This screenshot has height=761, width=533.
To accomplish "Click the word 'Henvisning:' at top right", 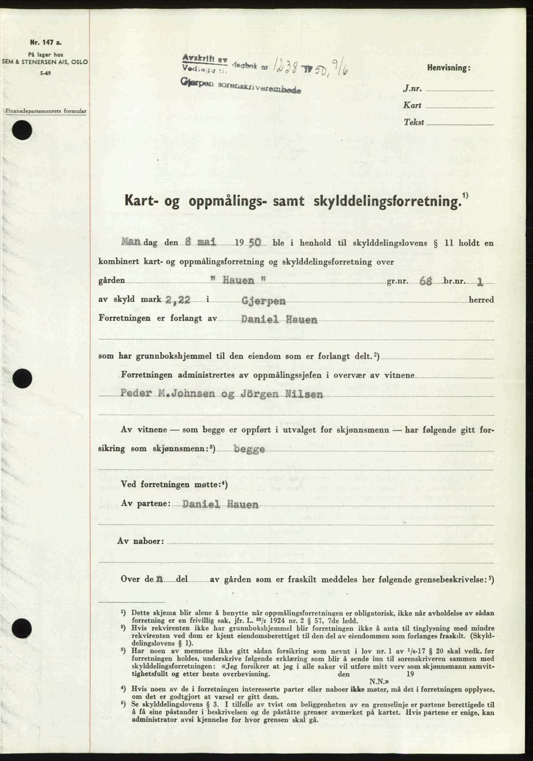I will click(448, 68).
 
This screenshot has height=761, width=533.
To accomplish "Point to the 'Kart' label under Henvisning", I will click(413, 106).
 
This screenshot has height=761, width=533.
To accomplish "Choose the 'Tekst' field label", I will click(414, 123).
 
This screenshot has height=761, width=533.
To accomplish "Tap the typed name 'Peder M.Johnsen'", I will click(167, 394).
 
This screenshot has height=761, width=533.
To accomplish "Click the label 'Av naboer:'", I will click(142, 541).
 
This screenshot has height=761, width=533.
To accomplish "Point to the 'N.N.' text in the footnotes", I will click(376, 680).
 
